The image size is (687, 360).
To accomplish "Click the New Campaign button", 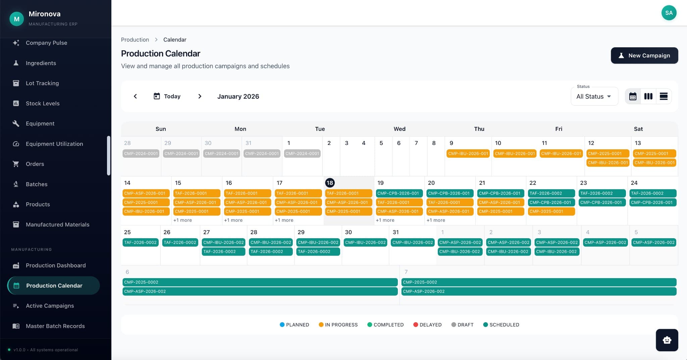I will pos(644,55).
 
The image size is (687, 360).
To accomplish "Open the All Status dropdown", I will pos(594,96).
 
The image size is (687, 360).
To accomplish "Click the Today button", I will pos(167,96).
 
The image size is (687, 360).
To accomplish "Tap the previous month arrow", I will pos(135,96).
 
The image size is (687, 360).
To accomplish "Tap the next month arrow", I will pos(200,96).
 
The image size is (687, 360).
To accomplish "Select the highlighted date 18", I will pos(330,183).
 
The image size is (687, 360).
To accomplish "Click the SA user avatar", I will pos(669,13).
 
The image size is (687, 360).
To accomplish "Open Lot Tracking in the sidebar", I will pos(42,83).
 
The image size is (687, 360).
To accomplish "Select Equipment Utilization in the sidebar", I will pos(54,144).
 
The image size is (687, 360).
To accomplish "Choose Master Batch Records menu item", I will pos(55,326).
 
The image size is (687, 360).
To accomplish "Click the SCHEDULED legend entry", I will pos(501,324).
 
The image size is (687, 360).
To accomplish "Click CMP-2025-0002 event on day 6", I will pos(260,282).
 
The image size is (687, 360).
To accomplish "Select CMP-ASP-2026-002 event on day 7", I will pos(538,291).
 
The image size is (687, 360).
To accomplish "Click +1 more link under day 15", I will pos(182,220).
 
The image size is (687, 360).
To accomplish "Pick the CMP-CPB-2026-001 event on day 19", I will pos(398,193).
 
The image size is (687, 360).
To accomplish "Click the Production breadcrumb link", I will pos(135,40).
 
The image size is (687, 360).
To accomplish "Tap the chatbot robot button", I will pos(667,340).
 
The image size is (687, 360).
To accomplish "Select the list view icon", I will pos(663,96).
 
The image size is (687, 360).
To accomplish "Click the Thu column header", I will pos(479,129).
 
